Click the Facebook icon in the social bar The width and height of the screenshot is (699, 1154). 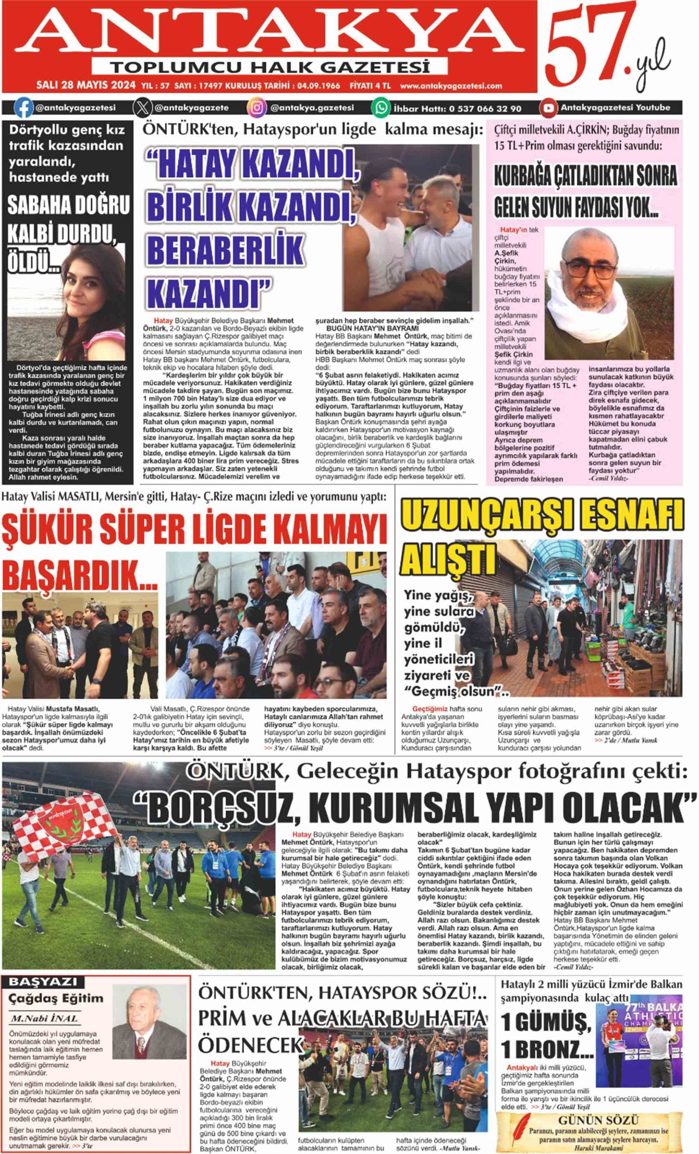pos(23,108)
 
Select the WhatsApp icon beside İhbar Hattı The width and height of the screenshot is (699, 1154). pos(381,108)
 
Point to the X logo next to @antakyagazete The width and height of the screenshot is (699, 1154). pos(142,108)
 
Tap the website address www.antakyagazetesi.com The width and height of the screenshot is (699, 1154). pos(451,86)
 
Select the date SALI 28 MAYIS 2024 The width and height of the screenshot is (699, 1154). pos(86,86)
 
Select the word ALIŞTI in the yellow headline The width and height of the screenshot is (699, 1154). pos(448,558)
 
